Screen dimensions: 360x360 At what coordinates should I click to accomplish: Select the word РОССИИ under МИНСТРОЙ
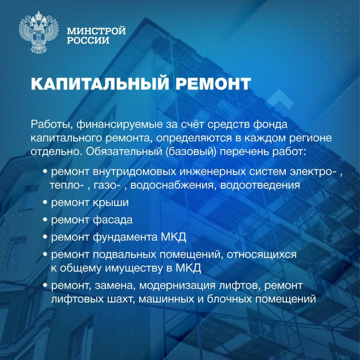pyautogui.click(x=88, y=40)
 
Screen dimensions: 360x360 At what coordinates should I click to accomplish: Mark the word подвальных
pyautogui.click(x=124, y=255)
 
